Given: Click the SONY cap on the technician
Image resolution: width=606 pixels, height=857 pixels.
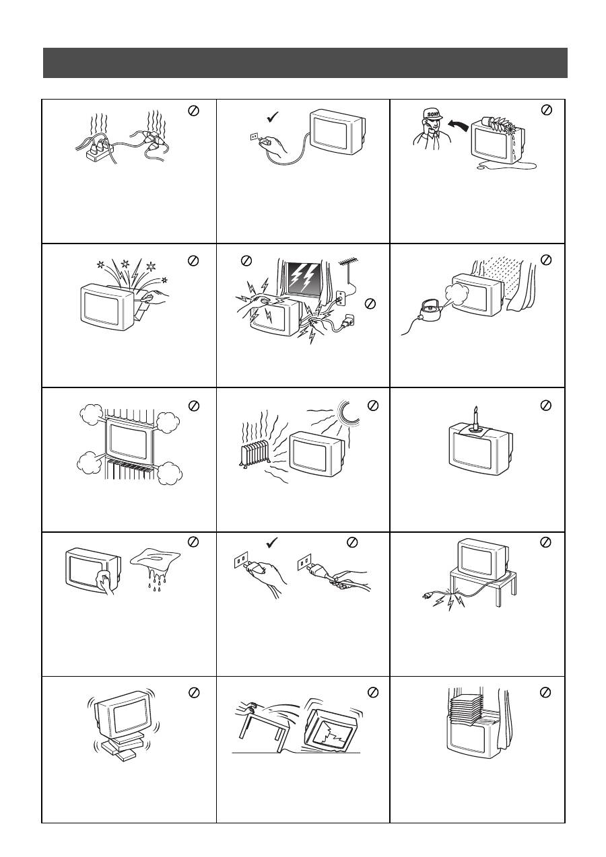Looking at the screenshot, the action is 432,114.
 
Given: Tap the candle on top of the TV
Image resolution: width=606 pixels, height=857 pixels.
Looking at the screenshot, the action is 476,419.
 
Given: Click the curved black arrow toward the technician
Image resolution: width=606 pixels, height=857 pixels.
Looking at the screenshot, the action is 458,126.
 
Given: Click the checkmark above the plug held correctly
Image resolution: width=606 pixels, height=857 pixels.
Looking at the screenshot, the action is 271,542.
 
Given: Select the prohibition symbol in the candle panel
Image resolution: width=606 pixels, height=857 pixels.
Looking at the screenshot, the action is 545,405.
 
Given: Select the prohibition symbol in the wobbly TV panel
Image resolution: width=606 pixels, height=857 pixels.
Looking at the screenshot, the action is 194,692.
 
